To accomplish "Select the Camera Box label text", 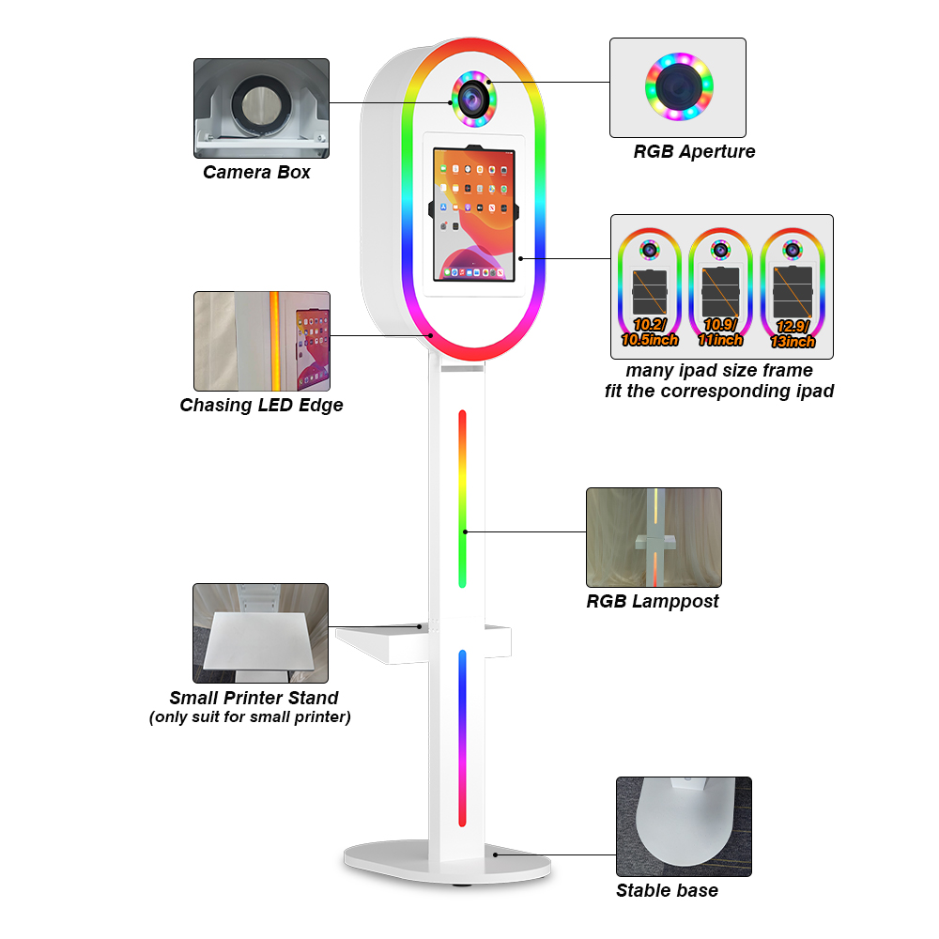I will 256,172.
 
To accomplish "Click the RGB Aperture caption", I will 694,151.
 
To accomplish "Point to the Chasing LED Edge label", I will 261,406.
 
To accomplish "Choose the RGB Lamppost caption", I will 653,601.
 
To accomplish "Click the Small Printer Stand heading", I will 254,698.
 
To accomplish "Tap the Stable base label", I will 667,890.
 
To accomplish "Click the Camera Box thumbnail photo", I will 261,108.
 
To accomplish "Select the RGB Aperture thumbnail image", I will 678,87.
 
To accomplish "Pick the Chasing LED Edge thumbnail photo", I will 262,341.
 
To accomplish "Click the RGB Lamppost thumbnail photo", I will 654,537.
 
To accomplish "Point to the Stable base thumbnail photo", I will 684,826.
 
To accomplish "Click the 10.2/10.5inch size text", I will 650,332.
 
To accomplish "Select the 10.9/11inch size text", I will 722,332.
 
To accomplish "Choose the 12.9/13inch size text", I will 793,334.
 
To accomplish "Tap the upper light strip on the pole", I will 462,499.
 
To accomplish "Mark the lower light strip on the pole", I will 462,738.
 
